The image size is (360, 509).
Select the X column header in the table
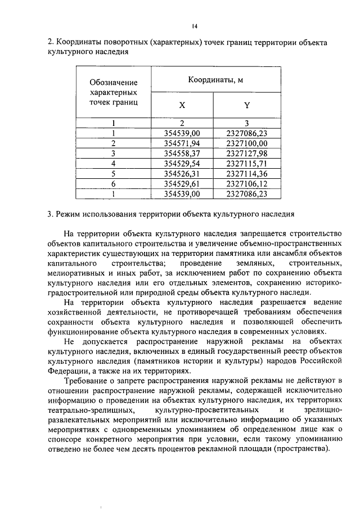click(182, 105)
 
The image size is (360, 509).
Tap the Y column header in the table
click(246, 105)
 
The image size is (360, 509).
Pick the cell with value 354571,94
click(182, 143)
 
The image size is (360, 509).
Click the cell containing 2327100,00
click(246, 143)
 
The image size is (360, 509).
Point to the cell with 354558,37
click(182, 154)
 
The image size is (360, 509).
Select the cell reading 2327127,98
click(246, 154)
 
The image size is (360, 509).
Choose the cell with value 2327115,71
click(246, 164)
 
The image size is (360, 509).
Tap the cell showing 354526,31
click(182, 174)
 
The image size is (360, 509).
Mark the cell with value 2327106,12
click(246, 184)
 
